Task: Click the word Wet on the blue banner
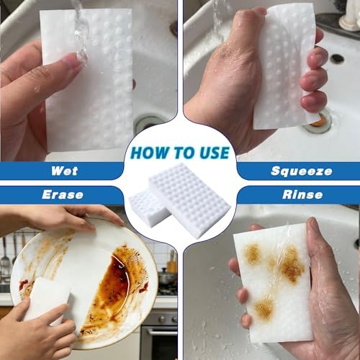click(x=64, y=171)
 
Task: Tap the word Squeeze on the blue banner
click(x=302, y=171)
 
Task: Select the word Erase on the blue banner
click(x=63, y=194)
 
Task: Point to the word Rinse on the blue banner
click(x=302, y=194)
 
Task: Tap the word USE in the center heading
click(x=215, y=153)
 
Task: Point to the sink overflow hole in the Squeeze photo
click(x=337, y=58)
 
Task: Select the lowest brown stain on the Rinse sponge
click(x=264, y=307)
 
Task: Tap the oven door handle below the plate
click(x=158, y=333)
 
